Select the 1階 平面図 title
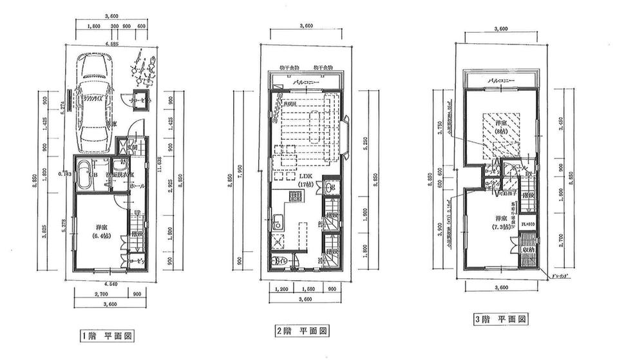click(107, 336)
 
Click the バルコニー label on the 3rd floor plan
click(500, 81)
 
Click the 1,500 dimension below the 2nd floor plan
click(306, 290)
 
